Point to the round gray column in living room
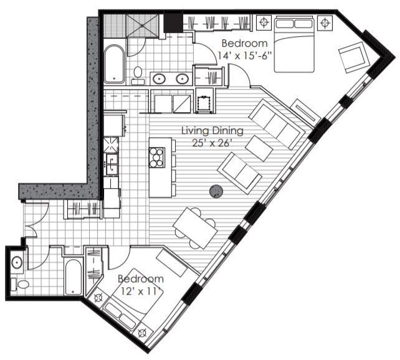[216, 192]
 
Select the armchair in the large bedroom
[354, 57]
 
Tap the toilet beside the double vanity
[138, 74]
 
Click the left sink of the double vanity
[160, 78]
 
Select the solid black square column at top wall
[173, 24]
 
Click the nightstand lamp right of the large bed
[323, 23]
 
